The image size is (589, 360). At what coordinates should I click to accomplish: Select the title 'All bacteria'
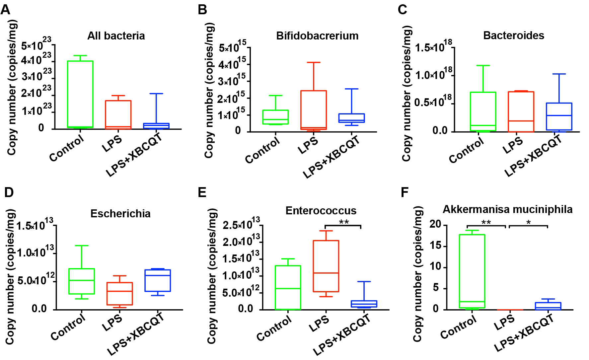[x=116, y=36]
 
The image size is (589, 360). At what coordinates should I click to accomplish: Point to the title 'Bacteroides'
[x=513, y=36]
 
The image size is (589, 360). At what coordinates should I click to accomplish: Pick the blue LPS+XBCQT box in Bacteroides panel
[x=559, y=116]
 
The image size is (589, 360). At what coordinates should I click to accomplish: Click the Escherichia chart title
[x=120, y=213]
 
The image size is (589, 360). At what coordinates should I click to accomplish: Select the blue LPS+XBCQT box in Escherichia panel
[x=158, y=280]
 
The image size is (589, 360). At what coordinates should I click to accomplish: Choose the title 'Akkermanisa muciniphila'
[x=507, y=209]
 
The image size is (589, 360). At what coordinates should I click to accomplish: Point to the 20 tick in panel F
[x=435, y=225]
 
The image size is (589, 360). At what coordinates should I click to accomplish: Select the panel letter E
[x=202, y=192]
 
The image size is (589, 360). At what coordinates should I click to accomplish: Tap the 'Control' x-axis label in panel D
[x=68, y=328]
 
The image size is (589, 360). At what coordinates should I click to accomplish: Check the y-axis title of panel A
[x=12, y=88]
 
